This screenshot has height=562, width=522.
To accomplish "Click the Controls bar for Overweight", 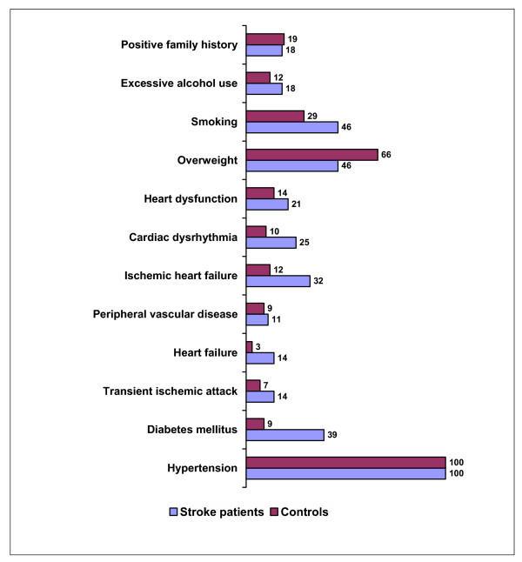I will (x=311, y=155).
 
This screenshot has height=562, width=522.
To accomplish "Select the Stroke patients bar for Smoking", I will (x=291, y=127).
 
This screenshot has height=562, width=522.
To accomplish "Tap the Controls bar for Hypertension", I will (x=345, y=462).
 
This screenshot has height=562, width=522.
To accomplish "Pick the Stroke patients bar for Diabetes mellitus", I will (x=284, y=435).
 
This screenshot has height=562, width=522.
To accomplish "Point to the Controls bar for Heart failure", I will (x=249, y=346).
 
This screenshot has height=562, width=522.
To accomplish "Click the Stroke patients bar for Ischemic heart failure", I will (x=278, y=281).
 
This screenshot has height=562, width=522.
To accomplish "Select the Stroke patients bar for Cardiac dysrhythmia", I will (x=271, y=243).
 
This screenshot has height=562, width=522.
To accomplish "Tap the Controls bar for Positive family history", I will (x=264, y=39).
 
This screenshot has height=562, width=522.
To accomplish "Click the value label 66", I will (x=387, y=154).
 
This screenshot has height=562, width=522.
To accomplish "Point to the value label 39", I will (x=333, y=435).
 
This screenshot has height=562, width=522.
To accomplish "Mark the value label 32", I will (x=319, y=281).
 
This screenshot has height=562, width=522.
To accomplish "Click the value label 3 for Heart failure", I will (x=258, y=345).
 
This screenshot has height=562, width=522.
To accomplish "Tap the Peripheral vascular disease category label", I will (x=166, y=313).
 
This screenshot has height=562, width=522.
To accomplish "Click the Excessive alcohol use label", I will (x=179, y=84).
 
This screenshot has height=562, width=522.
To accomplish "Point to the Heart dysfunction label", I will (x=191, y=198).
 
